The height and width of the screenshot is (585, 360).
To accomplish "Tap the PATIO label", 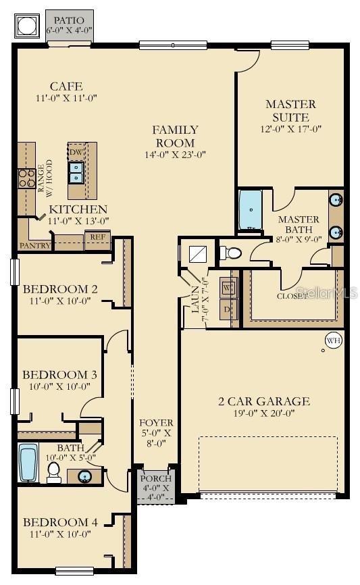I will (x=70, y=21).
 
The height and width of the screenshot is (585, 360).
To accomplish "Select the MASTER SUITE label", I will (x=290, y=110).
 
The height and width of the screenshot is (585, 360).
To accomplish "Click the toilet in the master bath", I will (x=230, y=253).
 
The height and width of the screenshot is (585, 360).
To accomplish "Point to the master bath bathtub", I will (x=251, y=210).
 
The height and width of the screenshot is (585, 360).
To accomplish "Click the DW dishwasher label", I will (x=76, y=153).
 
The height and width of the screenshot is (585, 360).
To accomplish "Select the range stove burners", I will (x=26, y=178).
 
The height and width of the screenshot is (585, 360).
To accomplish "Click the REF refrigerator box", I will (x=97, y=237).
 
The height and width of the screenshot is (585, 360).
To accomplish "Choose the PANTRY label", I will (x=35, y=246).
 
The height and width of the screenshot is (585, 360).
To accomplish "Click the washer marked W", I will (x=228, y=287).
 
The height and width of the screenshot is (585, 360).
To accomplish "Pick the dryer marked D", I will (x=228, y=310).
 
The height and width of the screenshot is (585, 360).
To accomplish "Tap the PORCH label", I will (x=156, y=479).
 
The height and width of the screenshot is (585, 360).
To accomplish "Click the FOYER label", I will (x=156, y=423).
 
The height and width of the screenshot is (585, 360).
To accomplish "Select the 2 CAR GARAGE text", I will (x=264, y=401).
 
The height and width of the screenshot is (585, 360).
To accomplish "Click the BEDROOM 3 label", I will (x=55, y=375).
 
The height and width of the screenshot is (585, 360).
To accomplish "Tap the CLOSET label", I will (x=292, y=296).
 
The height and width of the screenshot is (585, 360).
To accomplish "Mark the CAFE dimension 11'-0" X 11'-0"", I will (x=66, y=98).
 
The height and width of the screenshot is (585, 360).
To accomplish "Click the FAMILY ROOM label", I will (x=175, y=136).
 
